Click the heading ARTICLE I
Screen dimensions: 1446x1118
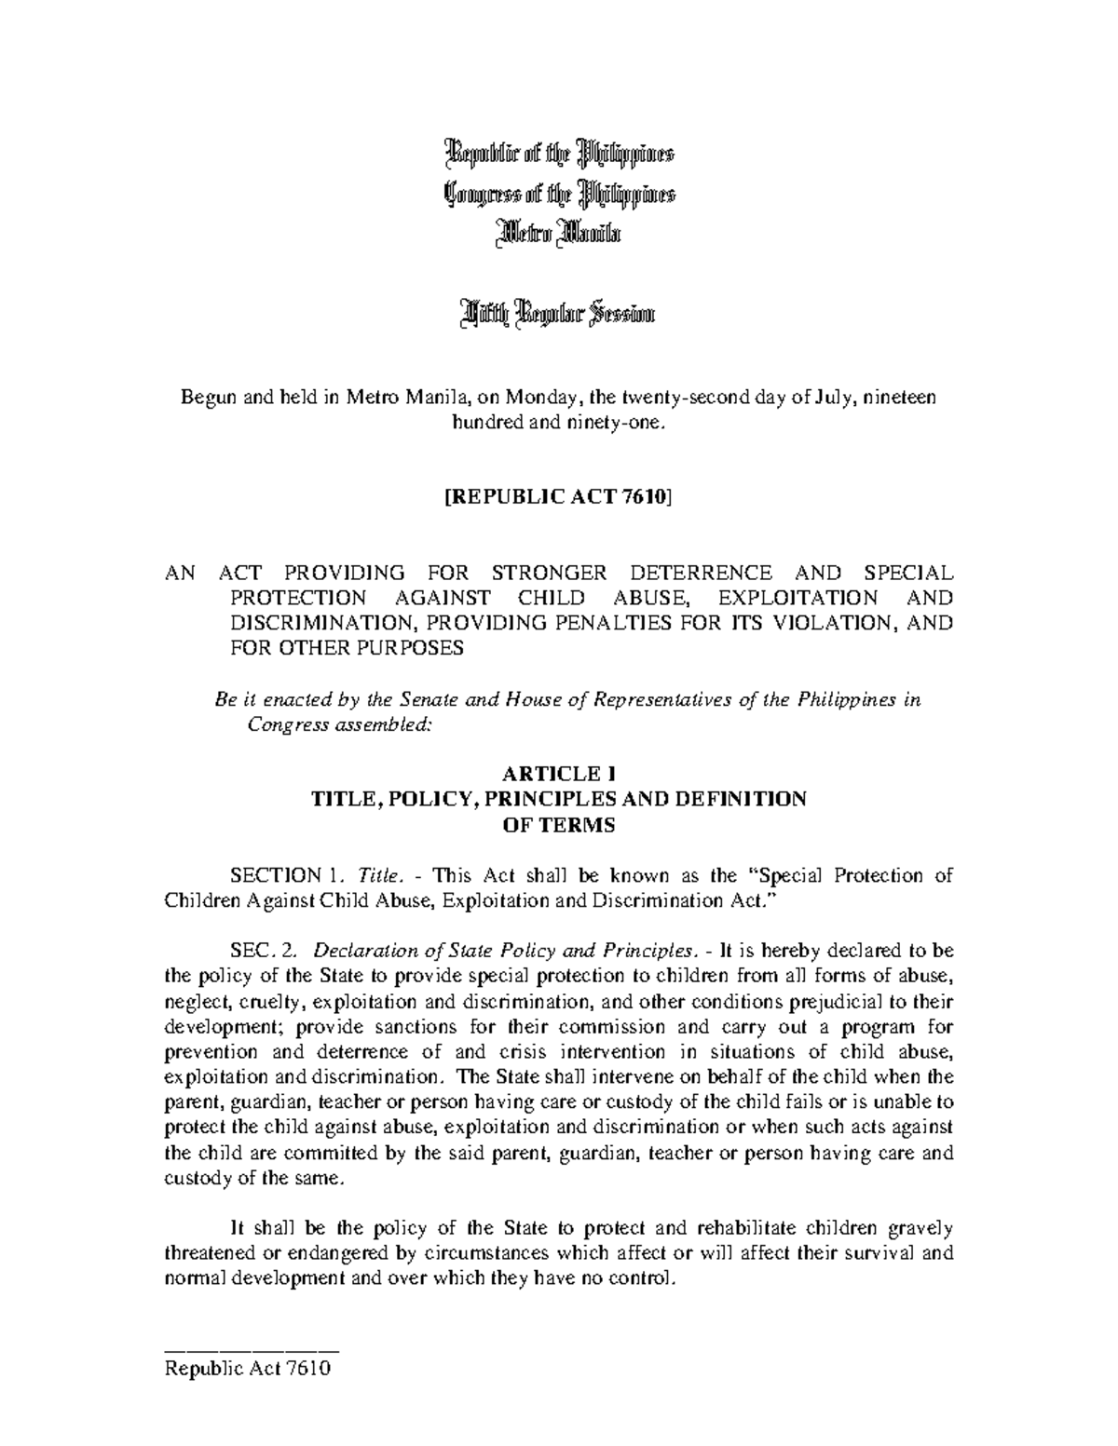point(558,773)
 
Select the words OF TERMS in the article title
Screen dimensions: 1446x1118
point(558,825)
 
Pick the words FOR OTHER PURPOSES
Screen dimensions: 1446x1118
point(347,649)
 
